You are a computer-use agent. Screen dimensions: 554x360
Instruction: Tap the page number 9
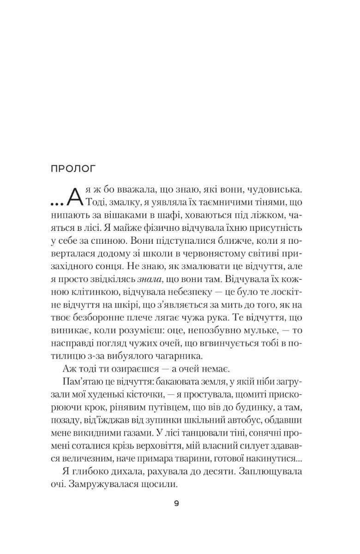click(x=177, y=503)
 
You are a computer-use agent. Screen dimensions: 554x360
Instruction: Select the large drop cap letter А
click(x=75, y=196)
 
